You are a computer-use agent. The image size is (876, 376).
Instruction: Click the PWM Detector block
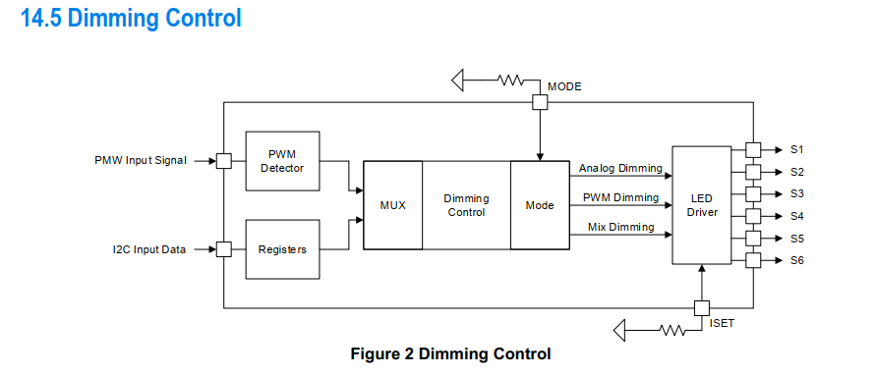[x=283, y=161]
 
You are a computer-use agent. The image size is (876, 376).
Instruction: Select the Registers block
[x=283, y=249]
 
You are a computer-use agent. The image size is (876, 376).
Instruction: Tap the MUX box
[x=392, y=205]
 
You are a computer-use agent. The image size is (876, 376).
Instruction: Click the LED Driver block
[x=702, y=205]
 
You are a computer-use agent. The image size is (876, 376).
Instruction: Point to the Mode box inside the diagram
[x=540, y=205]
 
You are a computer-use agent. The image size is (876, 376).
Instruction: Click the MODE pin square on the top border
[x=540, y=103]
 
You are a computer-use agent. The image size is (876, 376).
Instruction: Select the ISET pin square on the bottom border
[x=702, y=308]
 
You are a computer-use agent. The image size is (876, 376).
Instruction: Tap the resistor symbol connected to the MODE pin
[x=510, y=81]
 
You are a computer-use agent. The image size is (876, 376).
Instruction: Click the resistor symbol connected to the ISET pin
[x=672, y=330]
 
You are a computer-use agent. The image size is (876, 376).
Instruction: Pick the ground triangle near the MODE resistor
[x=458, y=81]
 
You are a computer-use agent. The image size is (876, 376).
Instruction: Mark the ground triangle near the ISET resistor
[x=619, y=330]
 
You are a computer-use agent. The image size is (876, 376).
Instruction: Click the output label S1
[x=796, y=149]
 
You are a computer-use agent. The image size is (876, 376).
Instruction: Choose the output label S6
[x=796, y=260]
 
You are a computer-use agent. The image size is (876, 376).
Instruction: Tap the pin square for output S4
[x=753, y=216]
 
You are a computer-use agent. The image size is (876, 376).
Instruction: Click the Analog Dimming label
[x=620, y=168]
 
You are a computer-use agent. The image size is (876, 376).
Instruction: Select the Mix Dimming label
[x=620, y=227]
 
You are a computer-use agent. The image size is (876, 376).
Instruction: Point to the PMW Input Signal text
[x=141, y=161]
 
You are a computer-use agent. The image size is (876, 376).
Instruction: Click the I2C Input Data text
[x=148, y=249]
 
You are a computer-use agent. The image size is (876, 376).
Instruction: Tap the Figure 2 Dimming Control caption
[x=451, y=353]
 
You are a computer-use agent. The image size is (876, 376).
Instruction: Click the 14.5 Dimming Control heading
[x=132, y=18]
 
